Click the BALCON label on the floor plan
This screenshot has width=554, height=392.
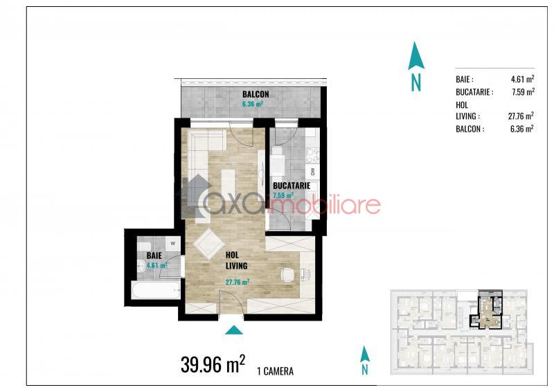tap(256, 94)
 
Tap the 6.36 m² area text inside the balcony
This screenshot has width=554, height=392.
tap(252, 105)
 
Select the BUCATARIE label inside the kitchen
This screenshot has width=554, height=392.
tap(292, 186)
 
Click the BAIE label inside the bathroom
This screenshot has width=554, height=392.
tap(154, 255)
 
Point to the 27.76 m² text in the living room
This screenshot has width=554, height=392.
tap(238, 282)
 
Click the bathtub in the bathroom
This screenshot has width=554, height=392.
tap(156, 290)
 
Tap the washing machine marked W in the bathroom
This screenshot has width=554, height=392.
tap(172, 244)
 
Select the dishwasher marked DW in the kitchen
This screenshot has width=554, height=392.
tap(312, 172)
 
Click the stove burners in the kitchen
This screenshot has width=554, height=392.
tap(312, 156)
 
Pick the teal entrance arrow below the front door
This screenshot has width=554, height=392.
tap(234, 330)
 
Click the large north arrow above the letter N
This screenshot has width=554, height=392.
tap(416, 55)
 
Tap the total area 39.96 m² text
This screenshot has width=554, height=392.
tap(213, 364)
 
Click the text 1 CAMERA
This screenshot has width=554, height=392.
tap(276, 371)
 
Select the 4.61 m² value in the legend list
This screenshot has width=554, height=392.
tap(522, 79)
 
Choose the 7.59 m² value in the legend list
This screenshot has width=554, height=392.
tap(523, 92)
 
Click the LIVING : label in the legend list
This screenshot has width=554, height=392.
tap(468, 116)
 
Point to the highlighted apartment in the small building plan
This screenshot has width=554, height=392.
tap(486, 310)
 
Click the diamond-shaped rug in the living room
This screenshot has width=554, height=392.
tap(209, 244)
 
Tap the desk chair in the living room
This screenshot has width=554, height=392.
tap(287, 275)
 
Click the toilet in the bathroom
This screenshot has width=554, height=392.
tap(141, 266)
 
